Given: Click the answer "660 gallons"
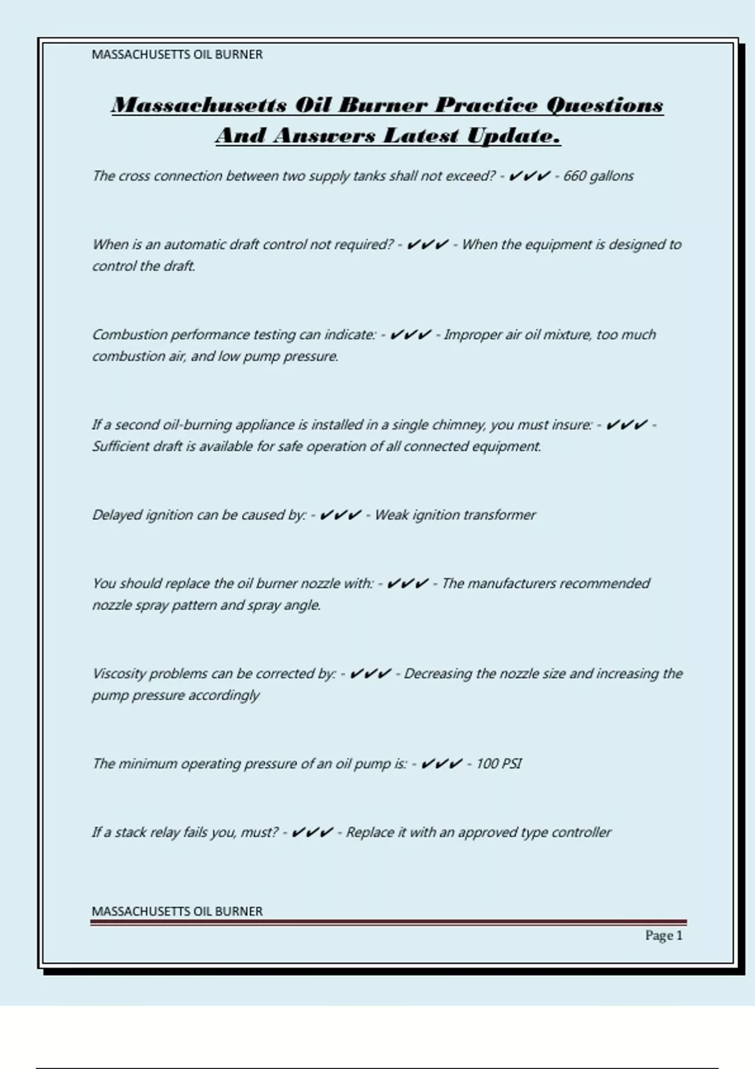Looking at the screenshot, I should click(598, 176).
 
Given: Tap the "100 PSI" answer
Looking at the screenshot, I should click(498, 764).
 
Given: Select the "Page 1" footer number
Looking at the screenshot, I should click(663, 936).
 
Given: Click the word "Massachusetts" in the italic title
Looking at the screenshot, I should click(199, 105).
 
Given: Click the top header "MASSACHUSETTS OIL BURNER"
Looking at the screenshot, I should click(177, 55).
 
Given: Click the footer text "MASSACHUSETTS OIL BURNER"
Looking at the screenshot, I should click(177, 911).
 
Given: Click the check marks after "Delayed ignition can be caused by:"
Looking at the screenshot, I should click(340, 515).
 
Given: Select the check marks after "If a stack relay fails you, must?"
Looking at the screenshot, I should click(312, 833).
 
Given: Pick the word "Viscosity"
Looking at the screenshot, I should click(119, 674).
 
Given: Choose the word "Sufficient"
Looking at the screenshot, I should click(121, 446).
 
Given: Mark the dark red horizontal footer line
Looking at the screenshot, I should click(388, 922).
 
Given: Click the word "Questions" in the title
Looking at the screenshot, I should click(605, 105).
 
